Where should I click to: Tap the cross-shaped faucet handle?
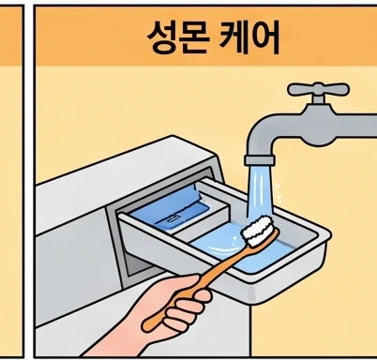click(x=318, y=89)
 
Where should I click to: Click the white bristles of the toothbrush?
click(x=258, y=231)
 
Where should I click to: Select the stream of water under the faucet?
click(x=260, y=190)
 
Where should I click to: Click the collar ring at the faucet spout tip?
click(x=260, y=159)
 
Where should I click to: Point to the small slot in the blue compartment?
click(x=173, y=217)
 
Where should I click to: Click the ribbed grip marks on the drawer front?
click(x=251, y=293)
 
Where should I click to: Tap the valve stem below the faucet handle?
click(x=318, y=99)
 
